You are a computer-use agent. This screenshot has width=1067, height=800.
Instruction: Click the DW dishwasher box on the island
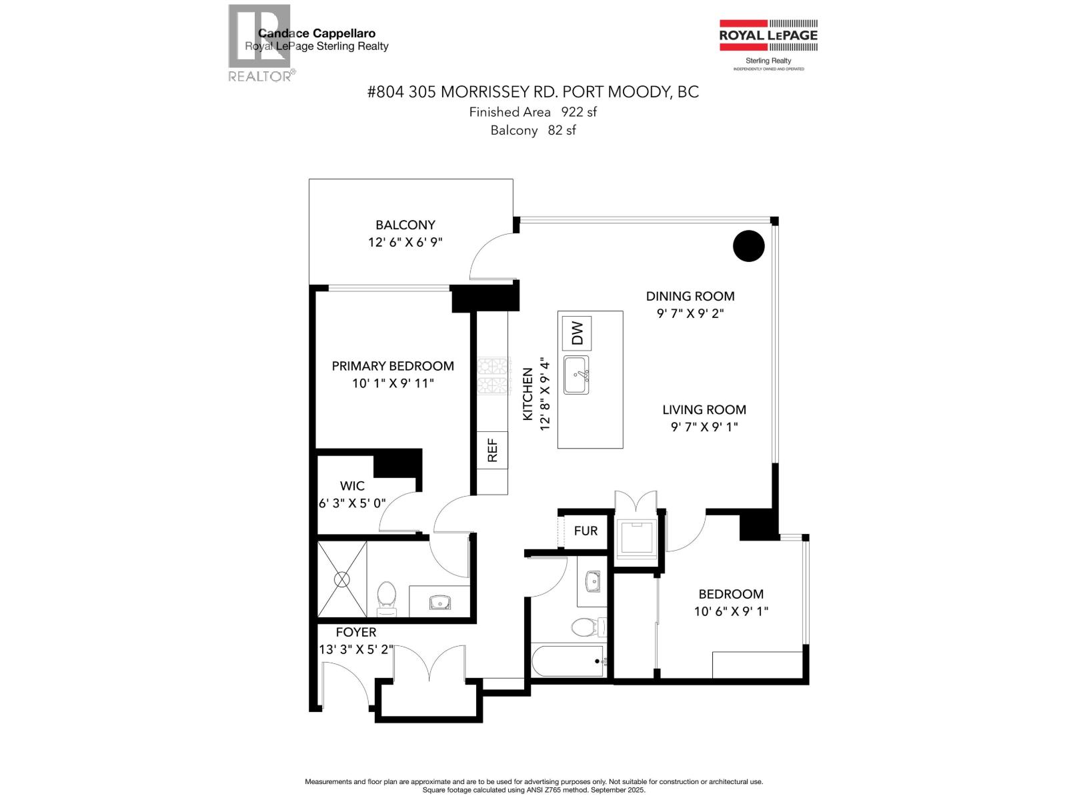pyautogui.click(x=577, y=333)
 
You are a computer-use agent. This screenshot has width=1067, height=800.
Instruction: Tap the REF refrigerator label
pyautogui.click(x=492, y=450)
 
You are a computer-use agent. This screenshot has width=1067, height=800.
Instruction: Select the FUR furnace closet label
pyautogui.click(x=586, y=531)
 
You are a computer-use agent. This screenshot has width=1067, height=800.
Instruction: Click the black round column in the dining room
pyautogui.click(x=748, y=245)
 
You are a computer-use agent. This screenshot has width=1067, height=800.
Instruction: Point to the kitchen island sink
pyautogui.click(x=576, y=375)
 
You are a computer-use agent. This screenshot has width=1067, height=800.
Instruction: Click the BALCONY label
pyautogui.click(x=405, y=225)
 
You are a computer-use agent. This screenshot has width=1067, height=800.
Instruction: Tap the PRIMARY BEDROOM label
pyautogui.click(x=393, y=366)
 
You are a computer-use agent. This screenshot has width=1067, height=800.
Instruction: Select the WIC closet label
pyautogui.click(x=352, y=485)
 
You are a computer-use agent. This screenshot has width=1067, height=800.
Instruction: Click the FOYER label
pyautogui.click(x=355, y=632)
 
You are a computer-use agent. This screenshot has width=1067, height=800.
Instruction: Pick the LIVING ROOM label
pyautogui.click(x=704, y=410)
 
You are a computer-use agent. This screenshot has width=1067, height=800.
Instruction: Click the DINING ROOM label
pyautogui.click(x=690, y=296)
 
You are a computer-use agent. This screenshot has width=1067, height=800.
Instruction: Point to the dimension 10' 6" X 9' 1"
pyautogui.click(x=731, y=611)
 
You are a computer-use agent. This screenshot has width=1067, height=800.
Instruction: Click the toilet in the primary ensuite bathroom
pyautogui.click(x=387, y=597)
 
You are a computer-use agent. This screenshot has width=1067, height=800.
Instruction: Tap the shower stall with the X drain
pyautogui.click(x=341, y=579)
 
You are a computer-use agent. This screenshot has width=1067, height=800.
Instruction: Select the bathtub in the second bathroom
pyautogui.click(x=568, y=661)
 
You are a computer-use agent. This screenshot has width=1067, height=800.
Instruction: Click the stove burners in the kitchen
pyautogui.click(x=493, y=377)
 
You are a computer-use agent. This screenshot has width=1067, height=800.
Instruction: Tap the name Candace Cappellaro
pyautogui.click(x=316, y=33)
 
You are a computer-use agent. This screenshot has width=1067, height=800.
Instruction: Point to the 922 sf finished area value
pyautogui.click(x=578, y=112)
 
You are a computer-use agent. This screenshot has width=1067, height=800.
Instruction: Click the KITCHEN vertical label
pyautogui.click(x=527, y=394)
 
